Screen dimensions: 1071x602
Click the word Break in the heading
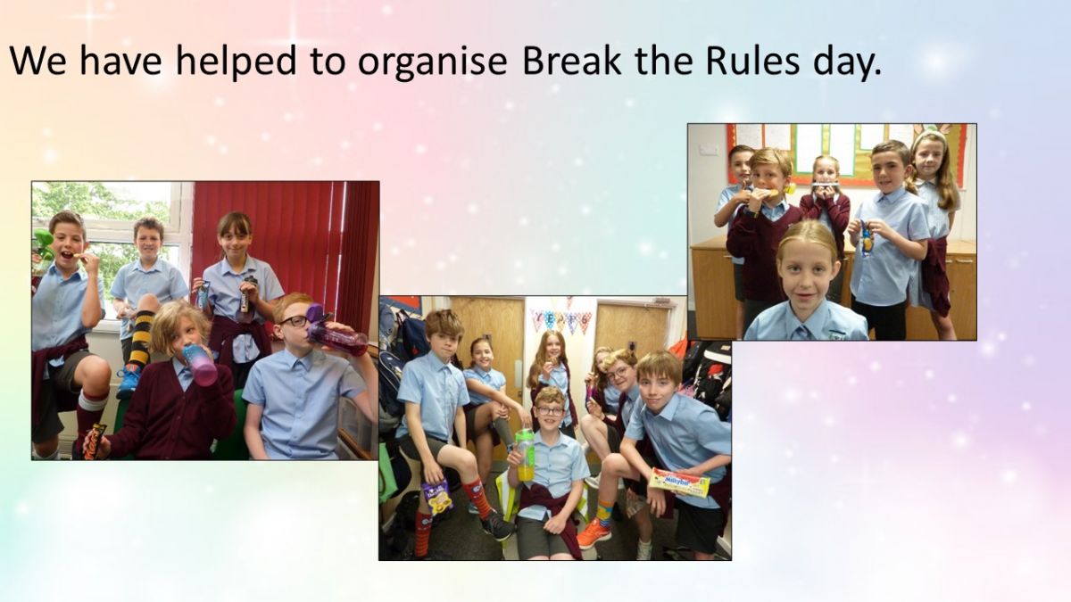[x=572, y=62]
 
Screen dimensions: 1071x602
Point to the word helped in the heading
[x=237, y=62]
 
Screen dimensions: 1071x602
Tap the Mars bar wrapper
[x=95, y=441]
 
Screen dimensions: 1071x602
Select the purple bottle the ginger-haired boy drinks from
[x=335, y=330]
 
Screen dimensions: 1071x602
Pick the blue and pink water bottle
[x=200, y=364]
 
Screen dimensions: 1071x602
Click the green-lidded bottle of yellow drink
[x=525, y=453]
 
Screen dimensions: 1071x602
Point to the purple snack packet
[x=438, y=497]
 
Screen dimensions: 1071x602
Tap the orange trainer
[x=594, y=532]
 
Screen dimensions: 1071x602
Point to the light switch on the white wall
[x=708, y=150]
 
